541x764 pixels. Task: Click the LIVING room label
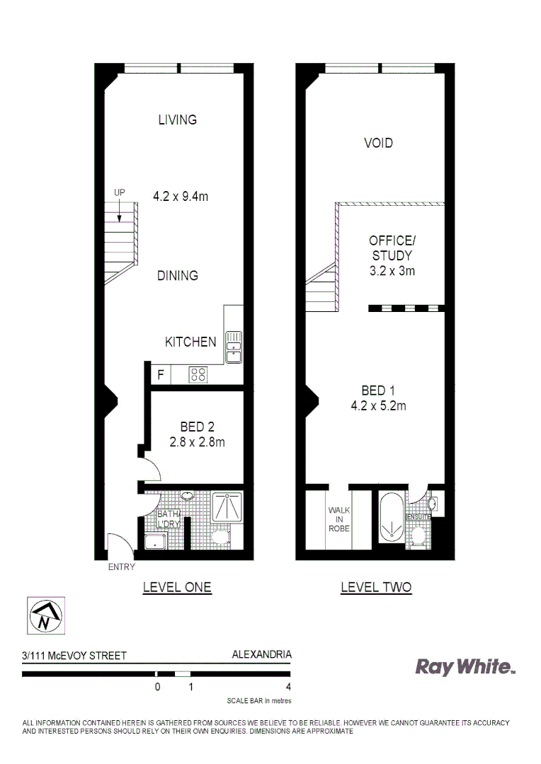point(177,120)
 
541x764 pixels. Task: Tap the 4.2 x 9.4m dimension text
point(181,196)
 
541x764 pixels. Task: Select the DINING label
point(177,275)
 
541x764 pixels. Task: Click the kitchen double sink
point(233,342)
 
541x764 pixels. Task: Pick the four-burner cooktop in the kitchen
point(198,375)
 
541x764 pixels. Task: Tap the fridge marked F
point(161,376)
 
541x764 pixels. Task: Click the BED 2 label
point(197,427)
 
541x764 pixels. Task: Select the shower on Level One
point(227,507)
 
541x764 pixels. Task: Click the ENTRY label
point(121,567)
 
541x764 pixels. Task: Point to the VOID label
point(378,143)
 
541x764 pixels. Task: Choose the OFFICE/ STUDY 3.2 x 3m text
point(392,255)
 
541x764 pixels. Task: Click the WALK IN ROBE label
point(338,519)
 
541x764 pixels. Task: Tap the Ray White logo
point(464,666)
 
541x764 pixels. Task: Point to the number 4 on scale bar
point(288,686)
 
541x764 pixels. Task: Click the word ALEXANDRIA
point(261,655)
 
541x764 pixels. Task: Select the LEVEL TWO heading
point(376,587)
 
